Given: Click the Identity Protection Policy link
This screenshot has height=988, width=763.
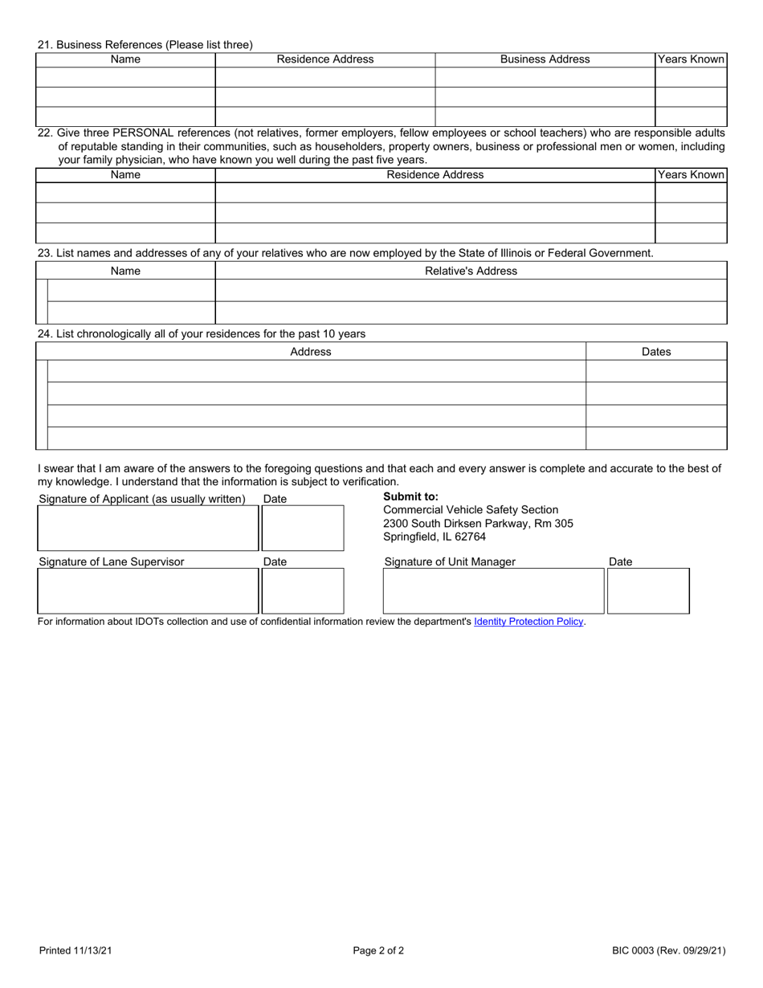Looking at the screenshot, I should click(528, 622).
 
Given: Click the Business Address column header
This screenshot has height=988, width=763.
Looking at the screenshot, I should click(545, 59).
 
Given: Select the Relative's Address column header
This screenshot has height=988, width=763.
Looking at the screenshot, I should click(471, 271).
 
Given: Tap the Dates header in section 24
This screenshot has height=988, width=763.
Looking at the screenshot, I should click(656, 352).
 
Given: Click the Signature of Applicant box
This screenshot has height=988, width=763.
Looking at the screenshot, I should click(148, 528).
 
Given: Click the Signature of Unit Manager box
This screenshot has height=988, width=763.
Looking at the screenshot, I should click(493, 591).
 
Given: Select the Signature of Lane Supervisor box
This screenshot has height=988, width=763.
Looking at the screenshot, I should click(148, 591).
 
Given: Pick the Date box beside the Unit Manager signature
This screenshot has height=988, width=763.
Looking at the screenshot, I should click(648, 591).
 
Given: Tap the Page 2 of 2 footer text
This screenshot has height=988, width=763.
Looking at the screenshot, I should click(378, 951).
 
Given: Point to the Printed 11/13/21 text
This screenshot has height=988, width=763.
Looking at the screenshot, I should click(75, 951).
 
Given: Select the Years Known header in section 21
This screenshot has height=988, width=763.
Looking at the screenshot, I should click(691, 59).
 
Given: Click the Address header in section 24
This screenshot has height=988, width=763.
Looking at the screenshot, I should click(311, 352).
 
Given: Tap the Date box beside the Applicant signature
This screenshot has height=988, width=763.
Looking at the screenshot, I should click(303, 528).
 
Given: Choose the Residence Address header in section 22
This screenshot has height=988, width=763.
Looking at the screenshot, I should click(435, 175).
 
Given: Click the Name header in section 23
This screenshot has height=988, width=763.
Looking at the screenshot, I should click(125, 271).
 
